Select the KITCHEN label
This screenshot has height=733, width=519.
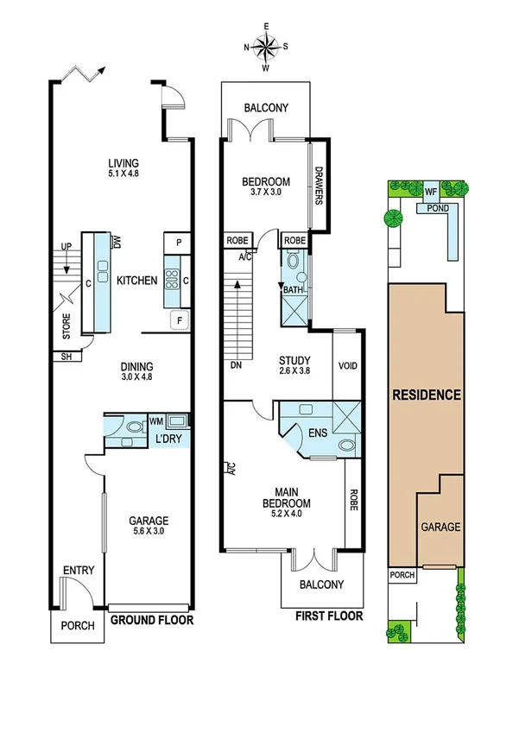tap(138, 281)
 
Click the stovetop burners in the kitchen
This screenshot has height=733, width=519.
tap(172, 279)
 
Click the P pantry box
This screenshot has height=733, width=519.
tap(178, 243)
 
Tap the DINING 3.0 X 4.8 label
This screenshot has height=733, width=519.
tap(137, 370)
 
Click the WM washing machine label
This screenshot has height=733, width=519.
tap(156, 421)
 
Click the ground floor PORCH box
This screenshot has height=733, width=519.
tap(76, 628)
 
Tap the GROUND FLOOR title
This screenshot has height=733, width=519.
tap(152, 619)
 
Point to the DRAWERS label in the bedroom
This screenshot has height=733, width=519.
tap(319, 186)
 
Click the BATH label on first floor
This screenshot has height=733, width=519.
tap(293, 290)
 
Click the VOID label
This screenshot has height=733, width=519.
tap(347, 366)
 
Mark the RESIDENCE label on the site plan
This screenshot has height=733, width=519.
tap(427, 395)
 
